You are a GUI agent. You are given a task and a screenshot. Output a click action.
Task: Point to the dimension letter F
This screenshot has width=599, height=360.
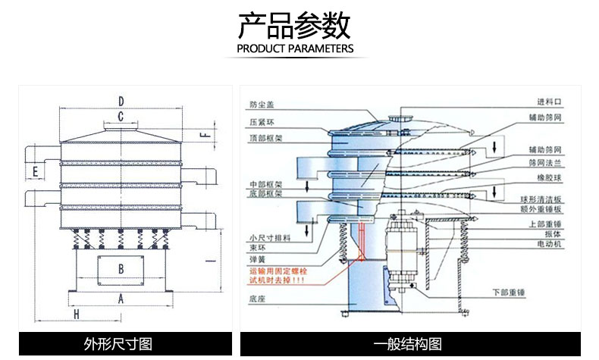click(x=202, y=135)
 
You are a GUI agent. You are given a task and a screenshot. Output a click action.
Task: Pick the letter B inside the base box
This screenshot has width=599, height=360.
click(x=121, y=268)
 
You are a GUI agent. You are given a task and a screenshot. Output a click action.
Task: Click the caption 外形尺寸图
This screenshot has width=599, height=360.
click(x=121, y=344)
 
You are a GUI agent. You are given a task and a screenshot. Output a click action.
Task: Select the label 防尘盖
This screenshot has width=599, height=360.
click(x=259, y=105)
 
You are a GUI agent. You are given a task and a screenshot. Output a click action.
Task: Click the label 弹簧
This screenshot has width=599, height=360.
click(x=257, y=259)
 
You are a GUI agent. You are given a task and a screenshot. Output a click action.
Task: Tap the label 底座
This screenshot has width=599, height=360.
click(x=257, y=301)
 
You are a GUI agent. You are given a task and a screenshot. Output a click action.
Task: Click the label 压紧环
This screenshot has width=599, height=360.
click(x=259, y=121)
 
